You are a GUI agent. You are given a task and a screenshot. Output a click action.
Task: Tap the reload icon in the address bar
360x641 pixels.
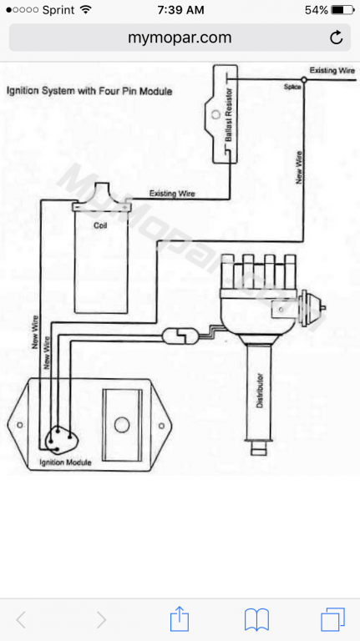coord(336,38)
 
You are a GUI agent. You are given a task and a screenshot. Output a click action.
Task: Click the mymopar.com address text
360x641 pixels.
coord(180,38)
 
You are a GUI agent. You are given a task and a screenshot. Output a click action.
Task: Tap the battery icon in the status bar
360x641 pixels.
coord(342,10)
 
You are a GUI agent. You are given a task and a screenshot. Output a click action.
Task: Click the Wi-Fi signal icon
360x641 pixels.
coord(86,9)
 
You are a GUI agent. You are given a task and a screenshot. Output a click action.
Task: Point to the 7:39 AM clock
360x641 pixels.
coord(180,10)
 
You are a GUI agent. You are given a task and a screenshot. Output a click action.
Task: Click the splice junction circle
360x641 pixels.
coord(304,79)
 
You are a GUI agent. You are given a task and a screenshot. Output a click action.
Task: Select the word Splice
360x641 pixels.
coord(292,87)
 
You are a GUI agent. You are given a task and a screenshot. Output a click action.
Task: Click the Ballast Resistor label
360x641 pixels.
coord(229,115)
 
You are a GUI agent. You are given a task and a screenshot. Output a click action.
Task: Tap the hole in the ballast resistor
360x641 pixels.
coord(215,114)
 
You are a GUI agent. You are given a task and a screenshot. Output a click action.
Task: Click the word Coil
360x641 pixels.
coord(100,225)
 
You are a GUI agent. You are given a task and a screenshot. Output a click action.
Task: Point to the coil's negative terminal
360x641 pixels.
coord(77,207)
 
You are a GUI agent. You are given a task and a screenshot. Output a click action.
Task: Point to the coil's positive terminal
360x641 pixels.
coord(124,207)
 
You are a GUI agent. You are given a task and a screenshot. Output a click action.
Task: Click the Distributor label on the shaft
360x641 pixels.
coord(260,391)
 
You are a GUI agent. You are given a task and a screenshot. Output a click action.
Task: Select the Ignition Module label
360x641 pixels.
coord(65,462)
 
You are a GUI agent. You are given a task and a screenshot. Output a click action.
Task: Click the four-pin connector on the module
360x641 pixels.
coord(60,440)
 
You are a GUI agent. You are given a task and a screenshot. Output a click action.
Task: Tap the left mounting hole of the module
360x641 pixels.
coord(20,425)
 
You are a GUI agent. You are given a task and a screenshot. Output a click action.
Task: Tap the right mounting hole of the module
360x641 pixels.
coord(161,426)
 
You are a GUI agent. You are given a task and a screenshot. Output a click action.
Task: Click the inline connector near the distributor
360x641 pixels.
coord(180,336)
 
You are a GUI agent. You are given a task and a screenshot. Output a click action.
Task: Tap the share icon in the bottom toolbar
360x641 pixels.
coord(180,619)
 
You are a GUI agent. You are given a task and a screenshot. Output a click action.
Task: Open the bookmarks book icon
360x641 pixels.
coord(256,620)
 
